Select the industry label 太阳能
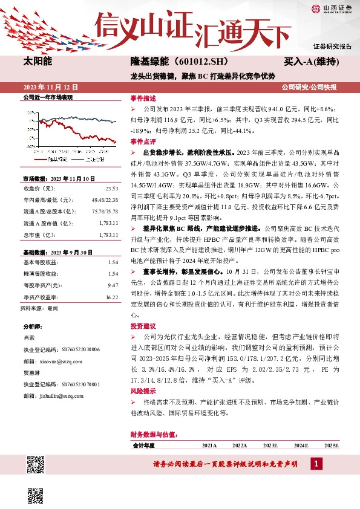[38, 62]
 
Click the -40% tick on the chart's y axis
[28, 146]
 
